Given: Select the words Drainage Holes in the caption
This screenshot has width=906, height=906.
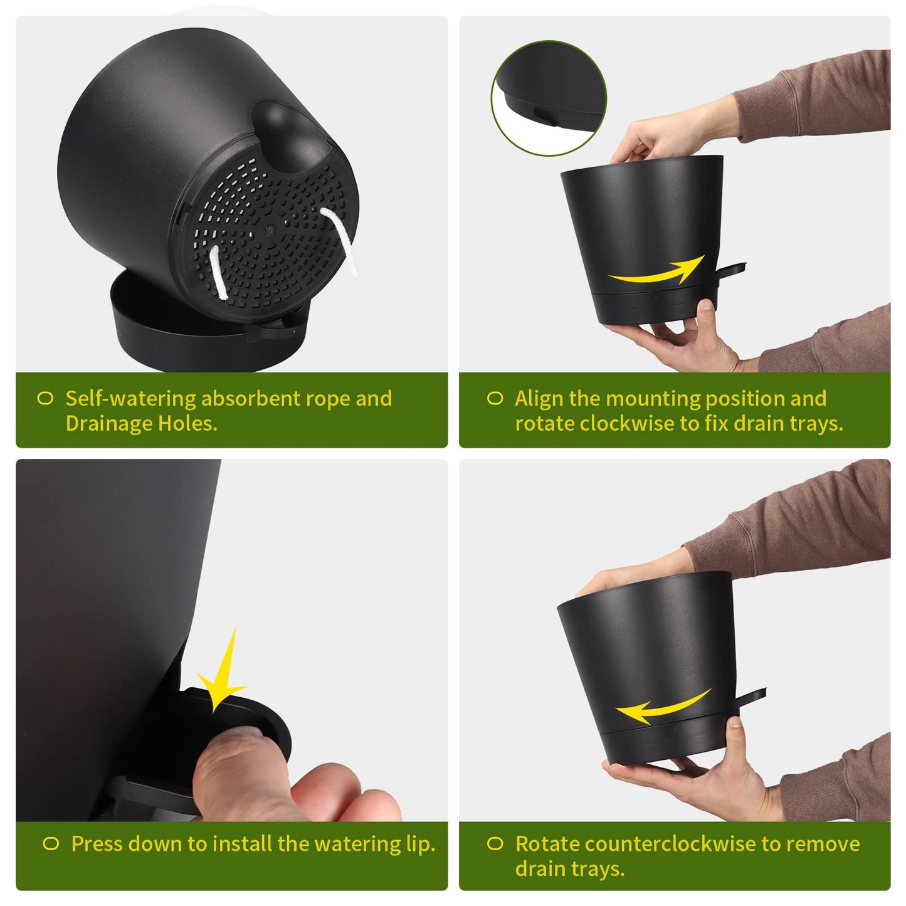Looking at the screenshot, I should click(141, 424).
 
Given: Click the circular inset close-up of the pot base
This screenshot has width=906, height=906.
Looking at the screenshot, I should click(549, 98).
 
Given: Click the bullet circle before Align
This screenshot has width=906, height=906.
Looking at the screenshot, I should click(495, 399).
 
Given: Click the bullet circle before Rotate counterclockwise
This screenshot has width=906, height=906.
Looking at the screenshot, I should click(495, 844).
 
